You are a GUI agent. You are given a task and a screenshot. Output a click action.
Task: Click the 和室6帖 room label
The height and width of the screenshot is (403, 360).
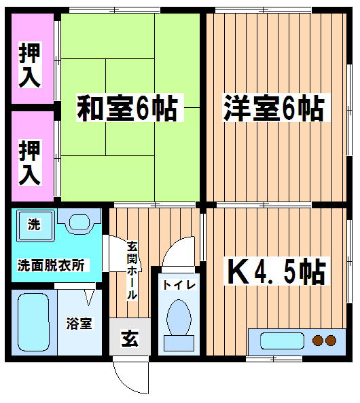128,108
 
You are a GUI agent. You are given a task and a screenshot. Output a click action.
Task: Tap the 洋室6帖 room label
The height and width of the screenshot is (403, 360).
274,108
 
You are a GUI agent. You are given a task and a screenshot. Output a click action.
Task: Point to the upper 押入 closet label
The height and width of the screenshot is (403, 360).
30,65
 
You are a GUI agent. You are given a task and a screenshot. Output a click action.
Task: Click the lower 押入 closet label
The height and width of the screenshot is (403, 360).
30,163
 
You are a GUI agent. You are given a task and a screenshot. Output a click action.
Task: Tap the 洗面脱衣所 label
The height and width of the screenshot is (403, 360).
51,265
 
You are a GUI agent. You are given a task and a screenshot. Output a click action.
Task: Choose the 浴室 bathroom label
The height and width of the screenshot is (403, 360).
79,324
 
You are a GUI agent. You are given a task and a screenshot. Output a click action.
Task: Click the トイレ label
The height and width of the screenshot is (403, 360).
179,285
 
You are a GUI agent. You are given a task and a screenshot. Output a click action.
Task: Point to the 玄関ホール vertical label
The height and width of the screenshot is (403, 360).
132,271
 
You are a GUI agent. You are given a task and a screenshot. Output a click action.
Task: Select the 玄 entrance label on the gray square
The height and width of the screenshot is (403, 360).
130,339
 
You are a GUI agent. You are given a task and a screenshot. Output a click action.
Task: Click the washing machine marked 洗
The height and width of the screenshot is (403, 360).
36,225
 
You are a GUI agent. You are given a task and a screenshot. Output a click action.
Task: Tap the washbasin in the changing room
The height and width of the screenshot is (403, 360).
79,222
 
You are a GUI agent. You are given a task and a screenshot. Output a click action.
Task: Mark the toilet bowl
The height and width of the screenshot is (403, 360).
179,318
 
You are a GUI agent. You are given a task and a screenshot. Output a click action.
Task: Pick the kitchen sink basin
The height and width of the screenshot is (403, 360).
283,341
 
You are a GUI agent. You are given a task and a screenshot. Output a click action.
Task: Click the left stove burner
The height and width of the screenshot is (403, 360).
317,341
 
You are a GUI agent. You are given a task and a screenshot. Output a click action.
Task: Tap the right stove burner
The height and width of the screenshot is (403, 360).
331,341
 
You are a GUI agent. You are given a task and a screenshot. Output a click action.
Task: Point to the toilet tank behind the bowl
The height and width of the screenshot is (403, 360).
179,343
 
